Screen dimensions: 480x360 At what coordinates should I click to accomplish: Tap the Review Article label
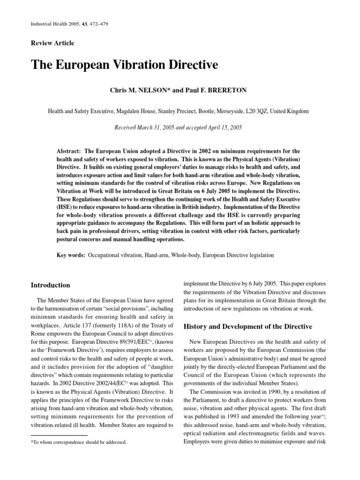[52, 43]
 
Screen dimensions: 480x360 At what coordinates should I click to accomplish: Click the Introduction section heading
[50, 285]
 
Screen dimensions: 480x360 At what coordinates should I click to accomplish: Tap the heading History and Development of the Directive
[247, 326]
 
